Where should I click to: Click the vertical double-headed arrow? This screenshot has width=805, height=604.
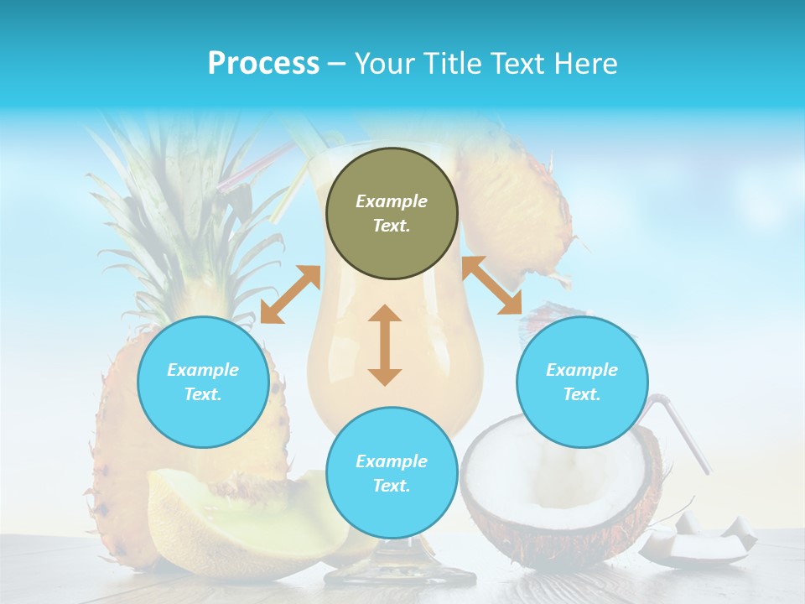(385, 345)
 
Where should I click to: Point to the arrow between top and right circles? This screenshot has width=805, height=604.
(492, 286)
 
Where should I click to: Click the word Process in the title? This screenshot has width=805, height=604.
(263, 63)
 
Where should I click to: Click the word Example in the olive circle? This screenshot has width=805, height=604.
(392, 201)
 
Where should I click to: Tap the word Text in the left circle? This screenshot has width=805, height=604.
(203, 394)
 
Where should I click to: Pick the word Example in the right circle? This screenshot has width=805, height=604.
(582, 370)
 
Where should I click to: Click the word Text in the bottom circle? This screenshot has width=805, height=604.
(392, 486)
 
